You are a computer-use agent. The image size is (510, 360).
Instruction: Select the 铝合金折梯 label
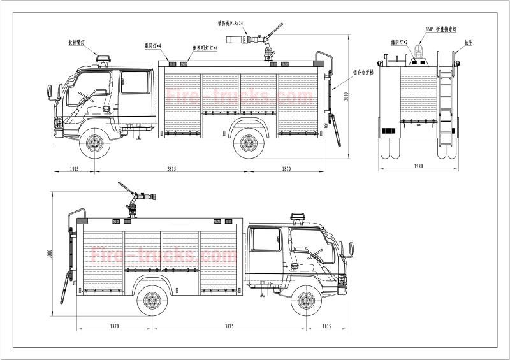tap(363, 73)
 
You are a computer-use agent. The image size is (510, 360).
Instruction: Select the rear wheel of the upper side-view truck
tap(249, 143)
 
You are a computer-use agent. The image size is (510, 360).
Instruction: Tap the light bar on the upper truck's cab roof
tap(104, 61)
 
